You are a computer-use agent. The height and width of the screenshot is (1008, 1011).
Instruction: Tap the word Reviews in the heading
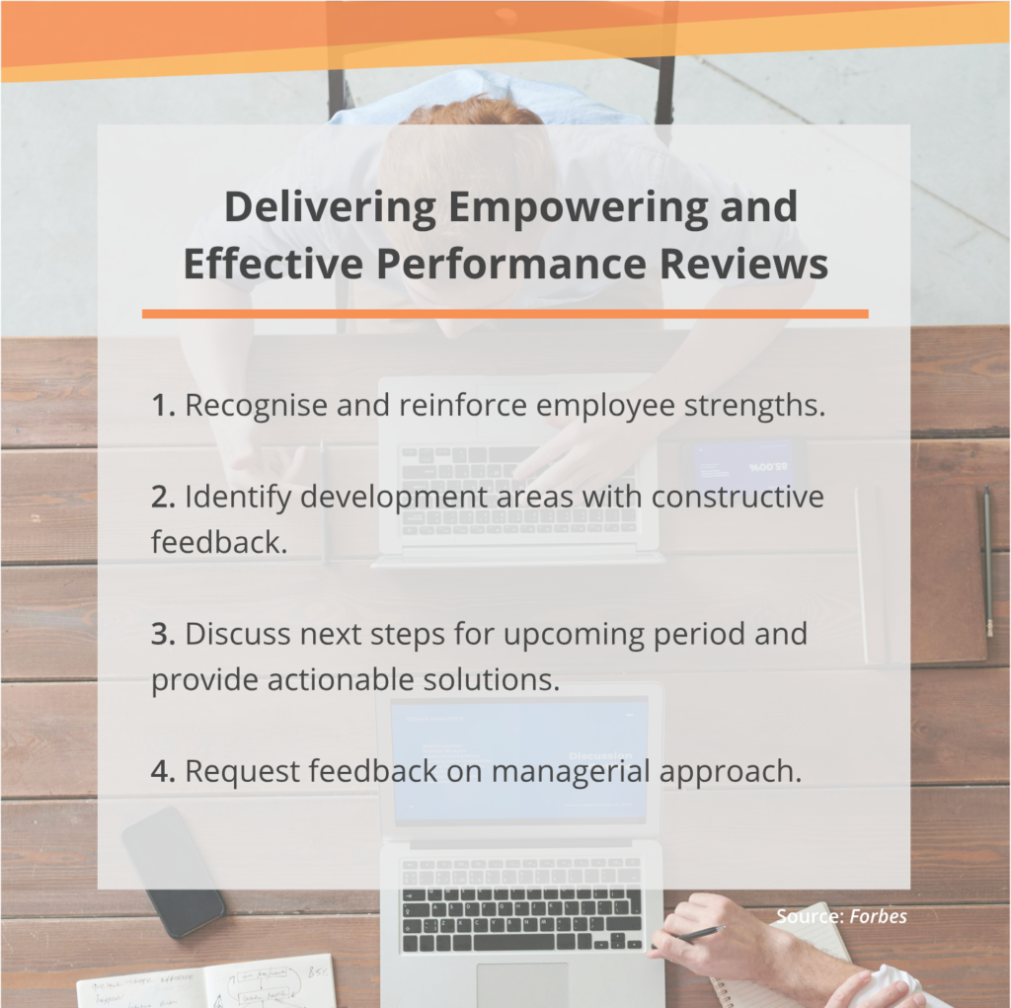(750, 266)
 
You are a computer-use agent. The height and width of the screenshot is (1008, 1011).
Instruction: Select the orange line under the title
(505, 314)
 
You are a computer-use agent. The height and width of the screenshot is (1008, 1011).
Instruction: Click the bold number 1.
(162, 406)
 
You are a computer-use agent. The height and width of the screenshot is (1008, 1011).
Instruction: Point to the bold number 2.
(162, 498)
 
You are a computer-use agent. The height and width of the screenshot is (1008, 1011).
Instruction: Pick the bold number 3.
(162, 634)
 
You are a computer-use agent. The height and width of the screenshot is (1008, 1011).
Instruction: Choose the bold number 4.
(162, 771)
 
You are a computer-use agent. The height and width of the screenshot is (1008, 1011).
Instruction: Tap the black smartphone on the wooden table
(173, 871)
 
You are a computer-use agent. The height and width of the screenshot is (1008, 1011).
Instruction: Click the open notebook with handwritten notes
(207, 982)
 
